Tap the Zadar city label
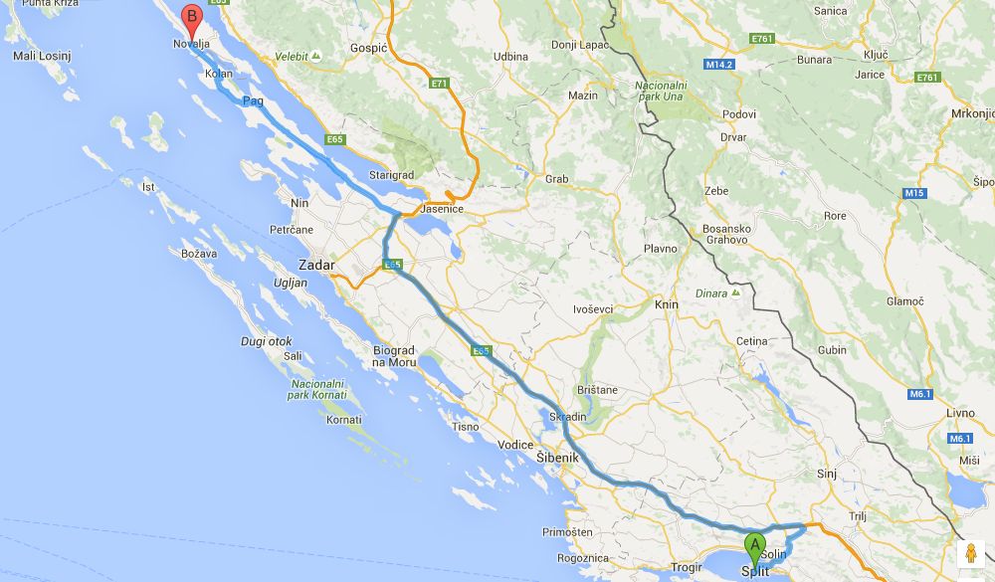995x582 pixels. pos(317,266)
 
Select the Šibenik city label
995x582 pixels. pos(557,458)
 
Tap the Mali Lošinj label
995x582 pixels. pos(41,56)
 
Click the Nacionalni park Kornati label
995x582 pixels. pos(317,389)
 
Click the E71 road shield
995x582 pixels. pos(440,84)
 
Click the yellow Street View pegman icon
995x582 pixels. pos(970,555)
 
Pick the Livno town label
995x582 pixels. pos(958,413)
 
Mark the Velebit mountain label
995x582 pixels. pos(294,56)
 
